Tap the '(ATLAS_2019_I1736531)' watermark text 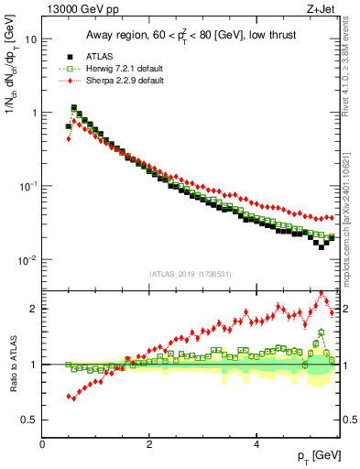coord(191,274)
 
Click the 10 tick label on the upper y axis coord(30,39)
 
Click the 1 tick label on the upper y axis coord(33,113)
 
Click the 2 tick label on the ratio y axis coord(33,309)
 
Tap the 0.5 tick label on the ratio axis coord(29,420)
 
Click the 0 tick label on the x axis coord(43,443)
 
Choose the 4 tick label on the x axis coord(256,443)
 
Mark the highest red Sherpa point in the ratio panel coord(322,294)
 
